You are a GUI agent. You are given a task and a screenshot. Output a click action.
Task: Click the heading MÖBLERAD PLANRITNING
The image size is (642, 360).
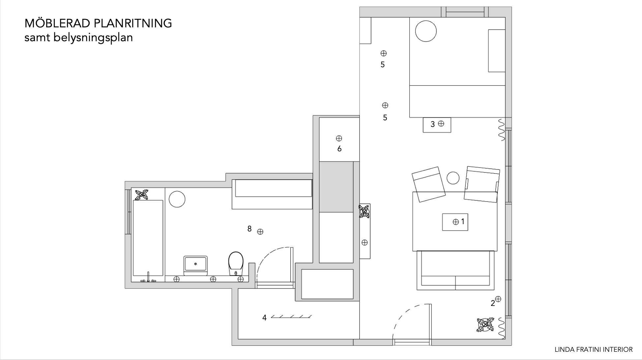(98, 23)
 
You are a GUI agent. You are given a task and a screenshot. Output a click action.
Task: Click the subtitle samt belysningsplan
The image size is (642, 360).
(78, 38)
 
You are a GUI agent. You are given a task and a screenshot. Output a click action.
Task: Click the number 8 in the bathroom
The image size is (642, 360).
(249, 229)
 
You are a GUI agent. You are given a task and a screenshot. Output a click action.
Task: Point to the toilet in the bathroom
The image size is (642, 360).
(236, 263)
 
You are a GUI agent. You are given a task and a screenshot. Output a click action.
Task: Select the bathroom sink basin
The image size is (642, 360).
(195, 265)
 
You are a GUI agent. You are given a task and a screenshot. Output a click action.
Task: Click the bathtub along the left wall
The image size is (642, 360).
(148, 238)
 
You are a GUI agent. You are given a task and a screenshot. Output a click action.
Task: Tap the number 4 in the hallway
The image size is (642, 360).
(264, 318)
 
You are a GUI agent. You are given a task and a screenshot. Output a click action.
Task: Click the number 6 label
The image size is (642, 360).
(339, 149)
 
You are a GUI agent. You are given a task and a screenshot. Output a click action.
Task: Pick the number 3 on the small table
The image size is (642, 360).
(433, 124)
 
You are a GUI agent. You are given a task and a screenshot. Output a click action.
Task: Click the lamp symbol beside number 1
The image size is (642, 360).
(456, 222)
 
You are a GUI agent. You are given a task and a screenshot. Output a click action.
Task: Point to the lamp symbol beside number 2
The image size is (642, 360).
(498, 299)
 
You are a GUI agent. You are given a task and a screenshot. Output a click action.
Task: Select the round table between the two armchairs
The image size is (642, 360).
(453, 178)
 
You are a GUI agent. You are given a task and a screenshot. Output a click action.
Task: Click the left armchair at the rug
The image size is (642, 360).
(428, 184)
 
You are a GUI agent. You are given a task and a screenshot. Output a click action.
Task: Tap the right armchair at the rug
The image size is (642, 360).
(482, 184)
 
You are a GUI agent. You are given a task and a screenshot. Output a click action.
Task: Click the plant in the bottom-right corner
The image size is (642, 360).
(485, 324)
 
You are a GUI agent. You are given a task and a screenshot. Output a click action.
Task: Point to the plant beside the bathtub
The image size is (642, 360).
(142, 195)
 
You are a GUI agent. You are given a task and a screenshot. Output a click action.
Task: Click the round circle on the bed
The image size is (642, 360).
(426, 31)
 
